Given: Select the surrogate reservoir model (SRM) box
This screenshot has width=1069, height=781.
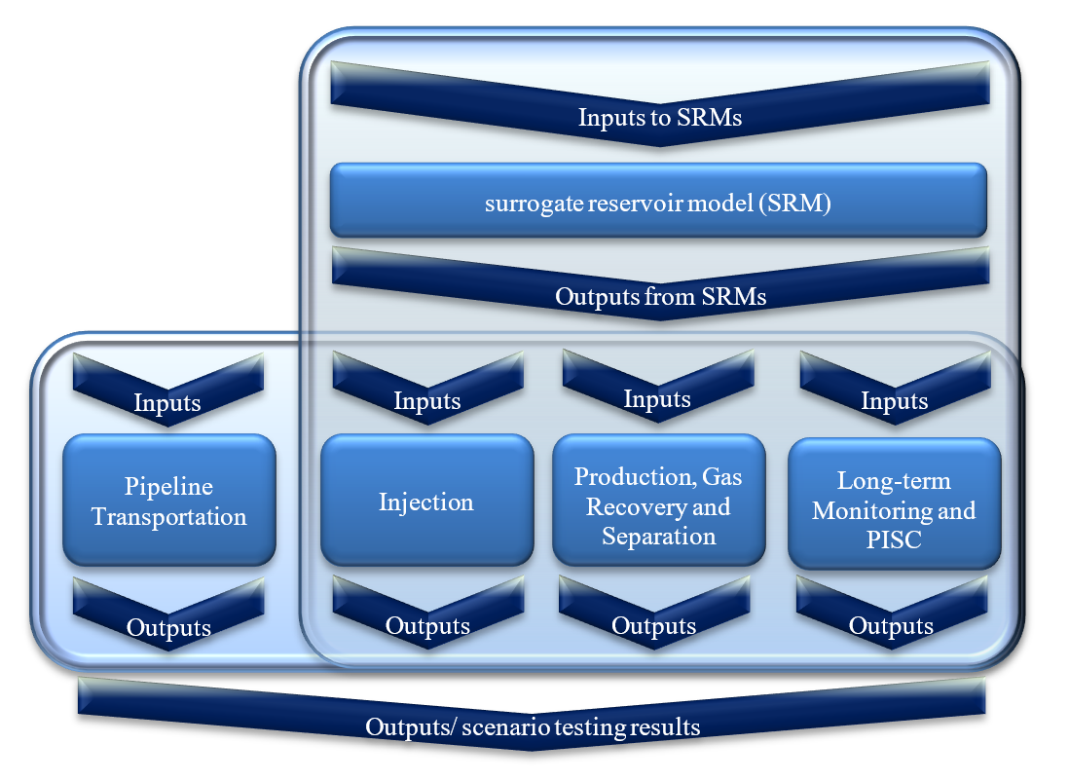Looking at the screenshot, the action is (x=658, y=201).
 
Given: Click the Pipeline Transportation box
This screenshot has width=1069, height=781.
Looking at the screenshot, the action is (x=169, y=500).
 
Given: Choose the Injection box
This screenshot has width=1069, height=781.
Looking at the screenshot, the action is (x=426, y=500).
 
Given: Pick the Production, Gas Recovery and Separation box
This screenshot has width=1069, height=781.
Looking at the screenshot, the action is (x=658, y=500).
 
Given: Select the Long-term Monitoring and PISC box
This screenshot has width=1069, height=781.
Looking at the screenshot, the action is (x=895, y=503).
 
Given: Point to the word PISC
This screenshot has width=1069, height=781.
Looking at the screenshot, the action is (x=894, y=540).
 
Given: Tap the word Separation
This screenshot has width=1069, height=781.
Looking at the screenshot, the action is (x=658, y=537).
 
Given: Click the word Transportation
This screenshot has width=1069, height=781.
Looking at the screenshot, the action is (x=169, y=517).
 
